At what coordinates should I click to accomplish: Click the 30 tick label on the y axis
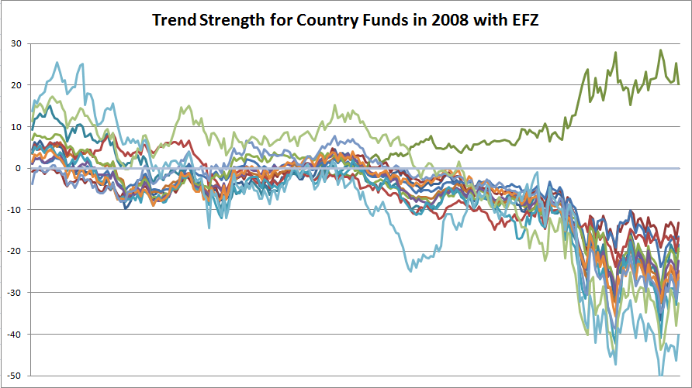coord(16,43)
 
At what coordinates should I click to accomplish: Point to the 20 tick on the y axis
coord(16,85)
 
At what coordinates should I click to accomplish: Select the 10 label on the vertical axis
coord(16,126)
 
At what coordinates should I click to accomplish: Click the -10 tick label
coord(14,209)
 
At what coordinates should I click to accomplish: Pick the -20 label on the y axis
coord(14,251)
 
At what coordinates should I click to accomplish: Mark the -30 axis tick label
coord(14,292)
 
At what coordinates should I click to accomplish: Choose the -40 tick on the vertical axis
coord(14,334)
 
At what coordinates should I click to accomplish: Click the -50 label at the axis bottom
coord(14,375)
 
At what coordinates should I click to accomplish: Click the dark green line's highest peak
coord(661,50)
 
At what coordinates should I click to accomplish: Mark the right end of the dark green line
coord(679,84)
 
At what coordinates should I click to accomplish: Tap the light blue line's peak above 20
coord(57,63)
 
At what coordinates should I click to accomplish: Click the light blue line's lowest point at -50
coord(662,375)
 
